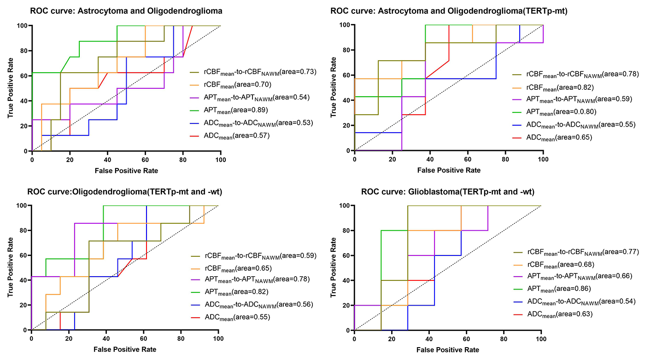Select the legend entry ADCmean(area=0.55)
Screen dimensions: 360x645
(x=229, y=318)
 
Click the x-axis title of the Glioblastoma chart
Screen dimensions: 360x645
(x=448, y=350)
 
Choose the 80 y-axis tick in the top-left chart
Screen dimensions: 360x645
(x=23, y=51)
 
